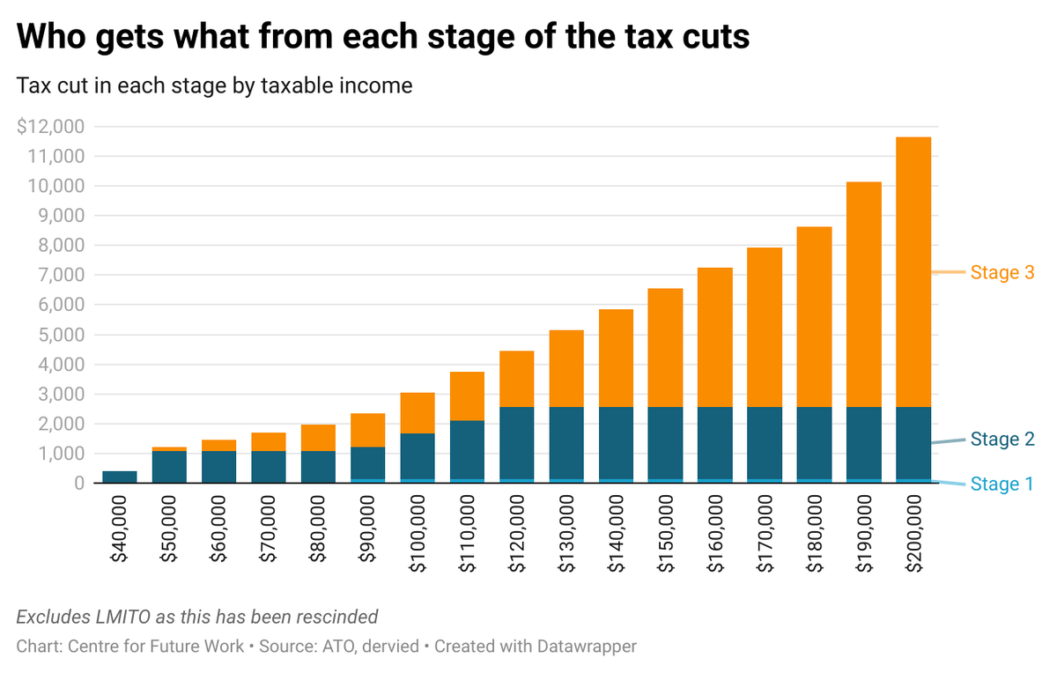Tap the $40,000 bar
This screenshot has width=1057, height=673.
pyautogui.click(x=119, y=477)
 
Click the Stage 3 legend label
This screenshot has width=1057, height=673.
pyautogui.click(x=1002, y=273)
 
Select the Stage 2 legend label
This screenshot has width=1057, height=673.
pyautogui.click(x=1002, y=439)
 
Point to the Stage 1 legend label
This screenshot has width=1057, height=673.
pyautogui.click(x=1002, y=484)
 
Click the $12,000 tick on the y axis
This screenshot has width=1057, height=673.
pyautogui.click(x=50, y=127)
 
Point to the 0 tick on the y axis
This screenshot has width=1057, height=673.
pyautogui.click(x=79, y=484)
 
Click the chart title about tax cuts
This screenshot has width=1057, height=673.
pyautogui.click(x=383, y=36)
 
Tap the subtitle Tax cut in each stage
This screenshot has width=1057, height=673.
pyautogui.click(x=214, y=86)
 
